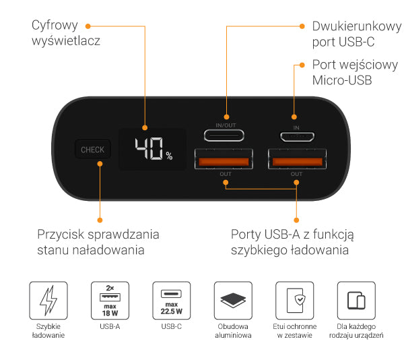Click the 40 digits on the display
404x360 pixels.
149,148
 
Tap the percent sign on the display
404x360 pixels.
169,156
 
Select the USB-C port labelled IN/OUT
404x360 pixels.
224,135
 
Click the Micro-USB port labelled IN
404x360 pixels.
297,137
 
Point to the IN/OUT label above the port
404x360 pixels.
226,125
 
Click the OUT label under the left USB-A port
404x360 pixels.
226,174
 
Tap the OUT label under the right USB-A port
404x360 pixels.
296,174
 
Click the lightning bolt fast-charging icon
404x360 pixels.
48,301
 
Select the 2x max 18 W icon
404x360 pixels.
110,301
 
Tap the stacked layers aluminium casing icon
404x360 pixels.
233,301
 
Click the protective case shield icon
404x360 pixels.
295,301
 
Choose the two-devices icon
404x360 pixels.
356,301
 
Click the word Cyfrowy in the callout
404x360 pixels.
55,26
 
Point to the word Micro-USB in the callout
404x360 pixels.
342,80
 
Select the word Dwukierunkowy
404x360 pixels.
357,26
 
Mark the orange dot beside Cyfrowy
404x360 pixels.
88,26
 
